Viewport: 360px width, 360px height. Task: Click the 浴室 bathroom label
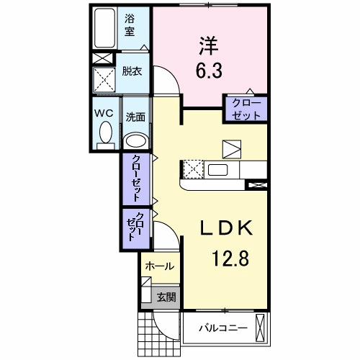[x=130, y=26]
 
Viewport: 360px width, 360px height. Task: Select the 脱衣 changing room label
[x=131, y=72]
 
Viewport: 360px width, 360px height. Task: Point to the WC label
[x=102, y=113]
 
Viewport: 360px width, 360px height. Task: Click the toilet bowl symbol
[x=105, y=134]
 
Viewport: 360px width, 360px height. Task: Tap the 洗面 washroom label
[x=135, y=115]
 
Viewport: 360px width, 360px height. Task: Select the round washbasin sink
[x=136, y=140]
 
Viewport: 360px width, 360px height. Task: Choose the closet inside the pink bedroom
[x=247, y=108]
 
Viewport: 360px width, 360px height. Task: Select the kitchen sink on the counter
[x=219, y=170]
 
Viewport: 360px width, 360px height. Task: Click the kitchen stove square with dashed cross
[x=192, y=170]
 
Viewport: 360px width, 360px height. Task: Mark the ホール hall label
[x=158, y=266]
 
